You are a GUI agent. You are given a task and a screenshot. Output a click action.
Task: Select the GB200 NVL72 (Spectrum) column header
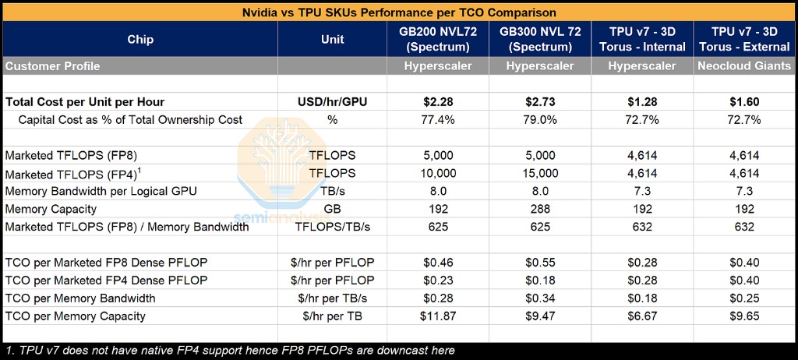438,39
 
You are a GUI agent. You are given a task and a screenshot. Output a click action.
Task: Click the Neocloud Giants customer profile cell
745,66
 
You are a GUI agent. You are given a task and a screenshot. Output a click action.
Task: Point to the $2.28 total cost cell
438,102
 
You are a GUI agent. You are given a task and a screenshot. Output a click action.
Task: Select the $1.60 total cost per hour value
745,102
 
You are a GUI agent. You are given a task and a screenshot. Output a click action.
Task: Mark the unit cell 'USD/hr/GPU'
332,102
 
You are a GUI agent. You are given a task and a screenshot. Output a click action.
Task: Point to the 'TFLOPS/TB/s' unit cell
332,227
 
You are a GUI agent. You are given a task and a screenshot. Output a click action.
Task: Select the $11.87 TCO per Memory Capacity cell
438,316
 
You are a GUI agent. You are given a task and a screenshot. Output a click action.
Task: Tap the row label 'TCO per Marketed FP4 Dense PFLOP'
106,281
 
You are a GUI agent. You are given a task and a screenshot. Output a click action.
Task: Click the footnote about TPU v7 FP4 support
230,351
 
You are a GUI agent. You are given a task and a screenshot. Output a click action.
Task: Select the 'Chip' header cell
140,40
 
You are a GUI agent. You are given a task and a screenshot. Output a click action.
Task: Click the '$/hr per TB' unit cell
332,316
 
